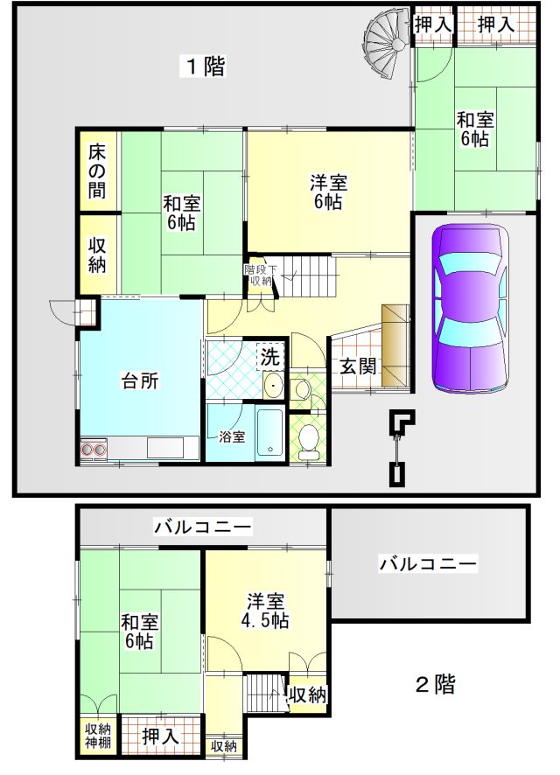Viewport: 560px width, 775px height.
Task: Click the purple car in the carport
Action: pos(470,309)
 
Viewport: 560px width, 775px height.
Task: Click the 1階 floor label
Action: pos(205,66)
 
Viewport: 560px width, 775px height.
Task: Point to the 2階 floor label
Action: pos(435,685)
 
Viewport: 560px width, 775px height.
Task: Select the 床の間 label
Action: pos(97,172)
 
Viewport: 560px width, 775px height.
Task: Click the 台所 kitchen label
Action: pos(140,381)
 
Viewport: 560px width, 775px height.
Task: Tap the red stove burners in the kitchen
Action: pos(94,450)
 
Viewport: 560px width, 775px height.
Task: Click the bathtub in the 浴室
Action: pos(269,434)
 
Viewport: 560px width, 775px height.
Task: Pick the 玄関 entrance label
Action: pos(358,367)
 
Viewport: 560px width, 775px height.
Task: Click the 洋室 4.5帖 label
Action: pos(265,611)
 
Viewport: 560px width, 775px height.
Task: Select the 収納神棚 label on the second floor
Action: pos(98,736)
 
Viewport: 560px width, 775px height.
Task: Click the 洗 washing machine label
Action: pos(269,356)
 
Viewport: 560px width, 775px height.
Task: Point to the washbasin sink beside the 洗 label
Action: pos(272,385)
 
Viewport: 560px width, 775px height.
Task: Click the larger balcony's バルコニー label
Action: pos(428,563)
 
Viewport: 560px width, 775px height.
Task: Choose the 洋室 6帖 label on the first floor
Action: pos(329,192)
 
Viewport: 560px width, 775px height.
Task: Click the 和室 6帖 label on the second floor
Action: pos(140,632)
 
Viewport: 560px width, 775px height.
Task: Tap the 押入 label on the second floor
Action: pos(159,737)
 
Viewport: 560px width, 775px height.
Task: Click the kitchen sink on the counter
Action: pos(165,449)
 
